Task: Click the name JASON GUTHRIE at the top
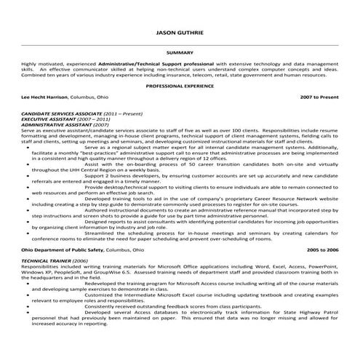[180, 32]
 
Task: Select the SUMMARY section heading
[180, 53]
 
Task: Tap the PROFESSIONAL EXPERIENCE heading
[180, 85]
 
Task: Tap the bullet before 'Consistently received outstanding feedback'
[29, 307]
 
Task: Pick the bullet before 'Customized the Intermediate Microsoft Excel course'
[29, 295]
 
